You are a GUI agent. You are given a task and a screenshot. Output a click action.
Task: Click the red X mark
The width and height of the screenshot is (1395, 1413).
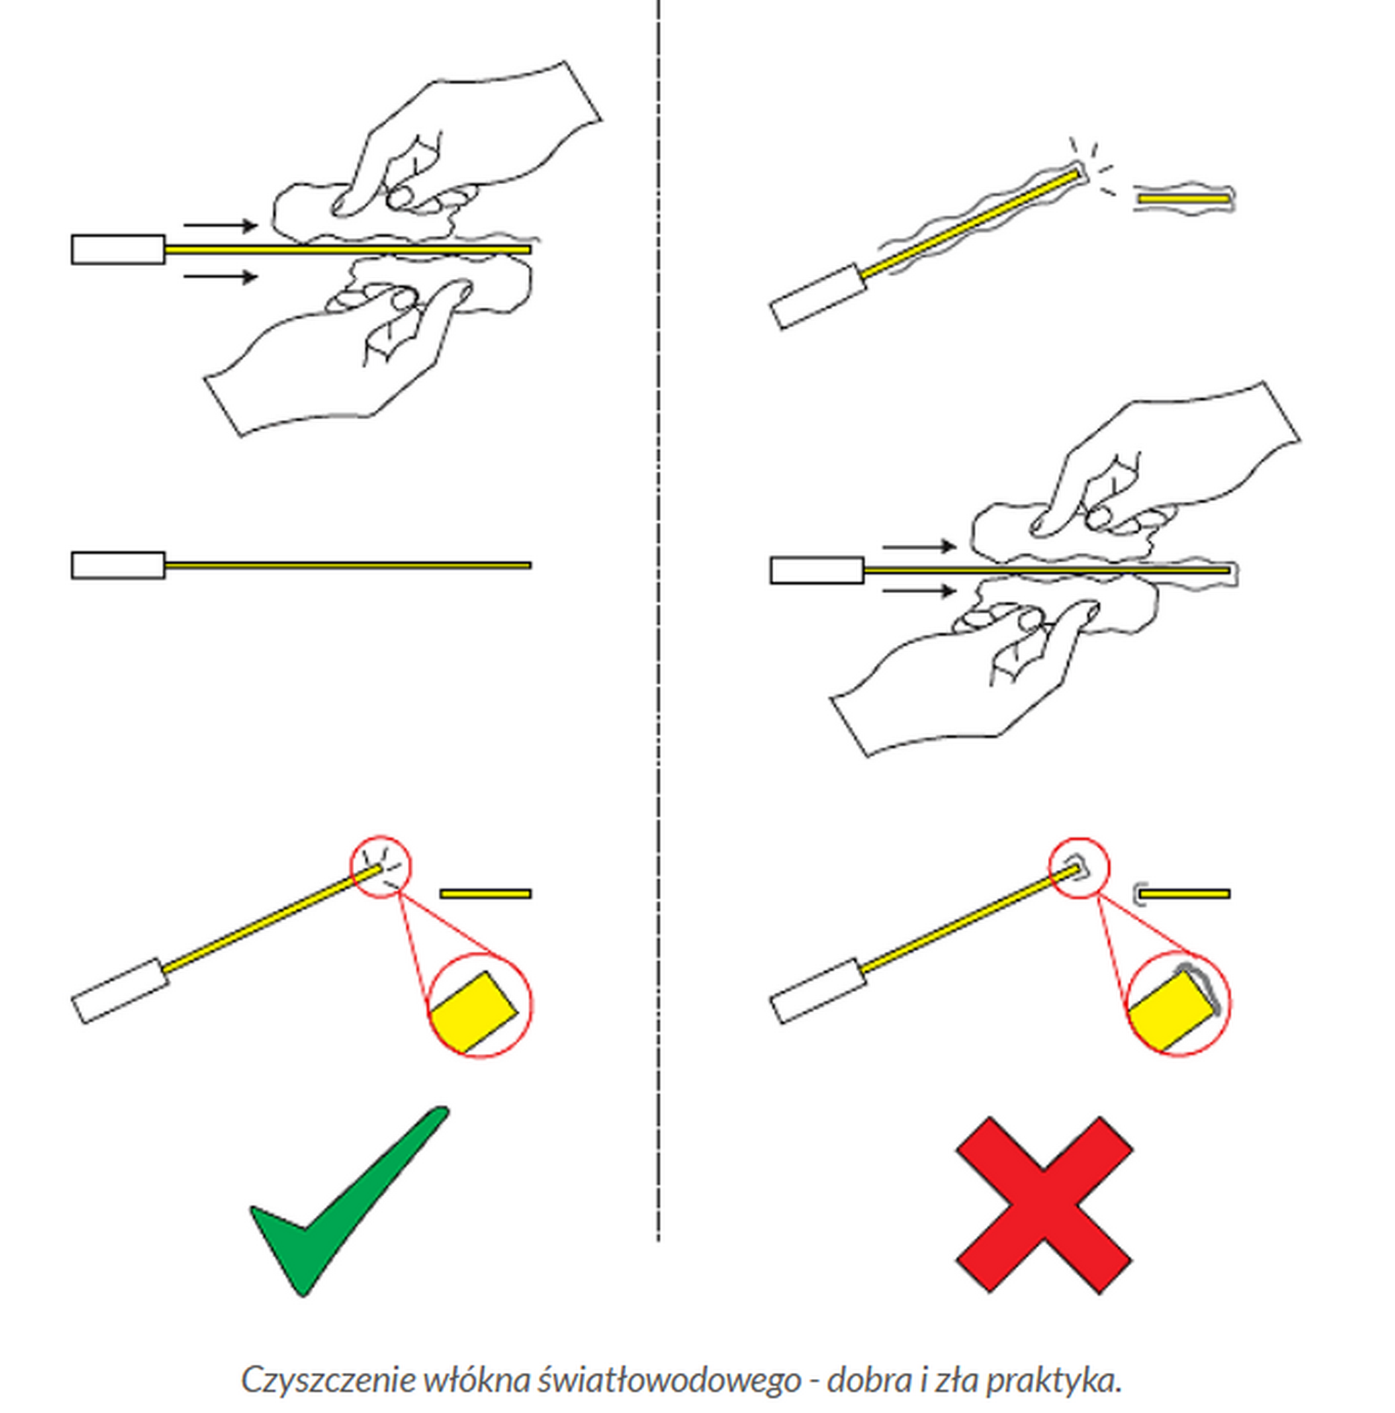(1044, 1205)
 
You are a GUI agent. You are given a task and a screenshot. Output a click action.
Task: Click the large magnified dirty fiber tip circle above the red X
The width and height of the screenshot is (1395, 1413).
(1178, 1003)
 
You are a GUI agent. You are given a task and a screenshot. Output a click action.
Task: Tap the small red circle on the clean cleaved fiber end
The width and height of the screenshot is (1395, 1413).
(380, 866)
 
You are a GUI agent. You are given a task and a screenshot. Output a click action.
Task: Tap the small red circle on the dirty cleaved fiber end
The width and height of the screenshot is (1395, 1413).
(1079, 868)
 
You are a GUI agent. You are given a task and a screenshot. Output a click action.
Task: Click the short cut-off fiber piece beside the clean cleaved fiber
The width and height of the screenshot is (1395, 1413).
(485, 893)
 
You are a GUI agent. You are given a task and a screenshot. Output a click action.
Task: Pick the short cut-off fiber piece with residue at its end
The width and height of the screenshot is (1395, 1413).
(1181, 893)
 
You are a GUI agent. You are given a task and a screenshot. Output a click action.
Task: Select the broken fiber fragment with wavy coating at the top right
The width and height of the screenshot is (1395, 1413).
(1183, 199)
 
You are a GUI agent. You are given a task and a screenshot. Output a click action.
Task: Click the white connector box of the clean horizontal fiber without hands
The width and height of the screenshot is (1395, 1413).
(118, 565)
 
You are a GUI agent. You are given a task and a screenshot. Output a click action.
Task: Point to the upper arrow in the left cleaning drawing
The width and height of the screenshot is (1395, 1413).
(221, 225)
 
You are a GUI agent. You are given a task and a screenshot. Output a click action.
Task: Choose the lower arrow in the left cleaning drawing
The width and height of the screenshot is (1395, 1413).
(221, 276)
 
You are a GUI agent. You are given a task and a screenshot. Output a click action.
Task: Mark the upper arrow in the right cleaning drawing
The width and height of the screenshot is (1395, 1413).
(920, 547)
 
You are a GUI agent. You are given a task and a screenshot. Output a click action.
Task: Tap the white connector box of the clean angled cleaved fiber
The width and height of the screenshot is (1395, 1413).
(119, 990)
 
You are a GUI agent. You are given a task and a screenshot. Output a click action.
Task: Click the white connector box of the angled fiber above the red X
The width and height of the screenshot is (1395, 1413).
(819, 990)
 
